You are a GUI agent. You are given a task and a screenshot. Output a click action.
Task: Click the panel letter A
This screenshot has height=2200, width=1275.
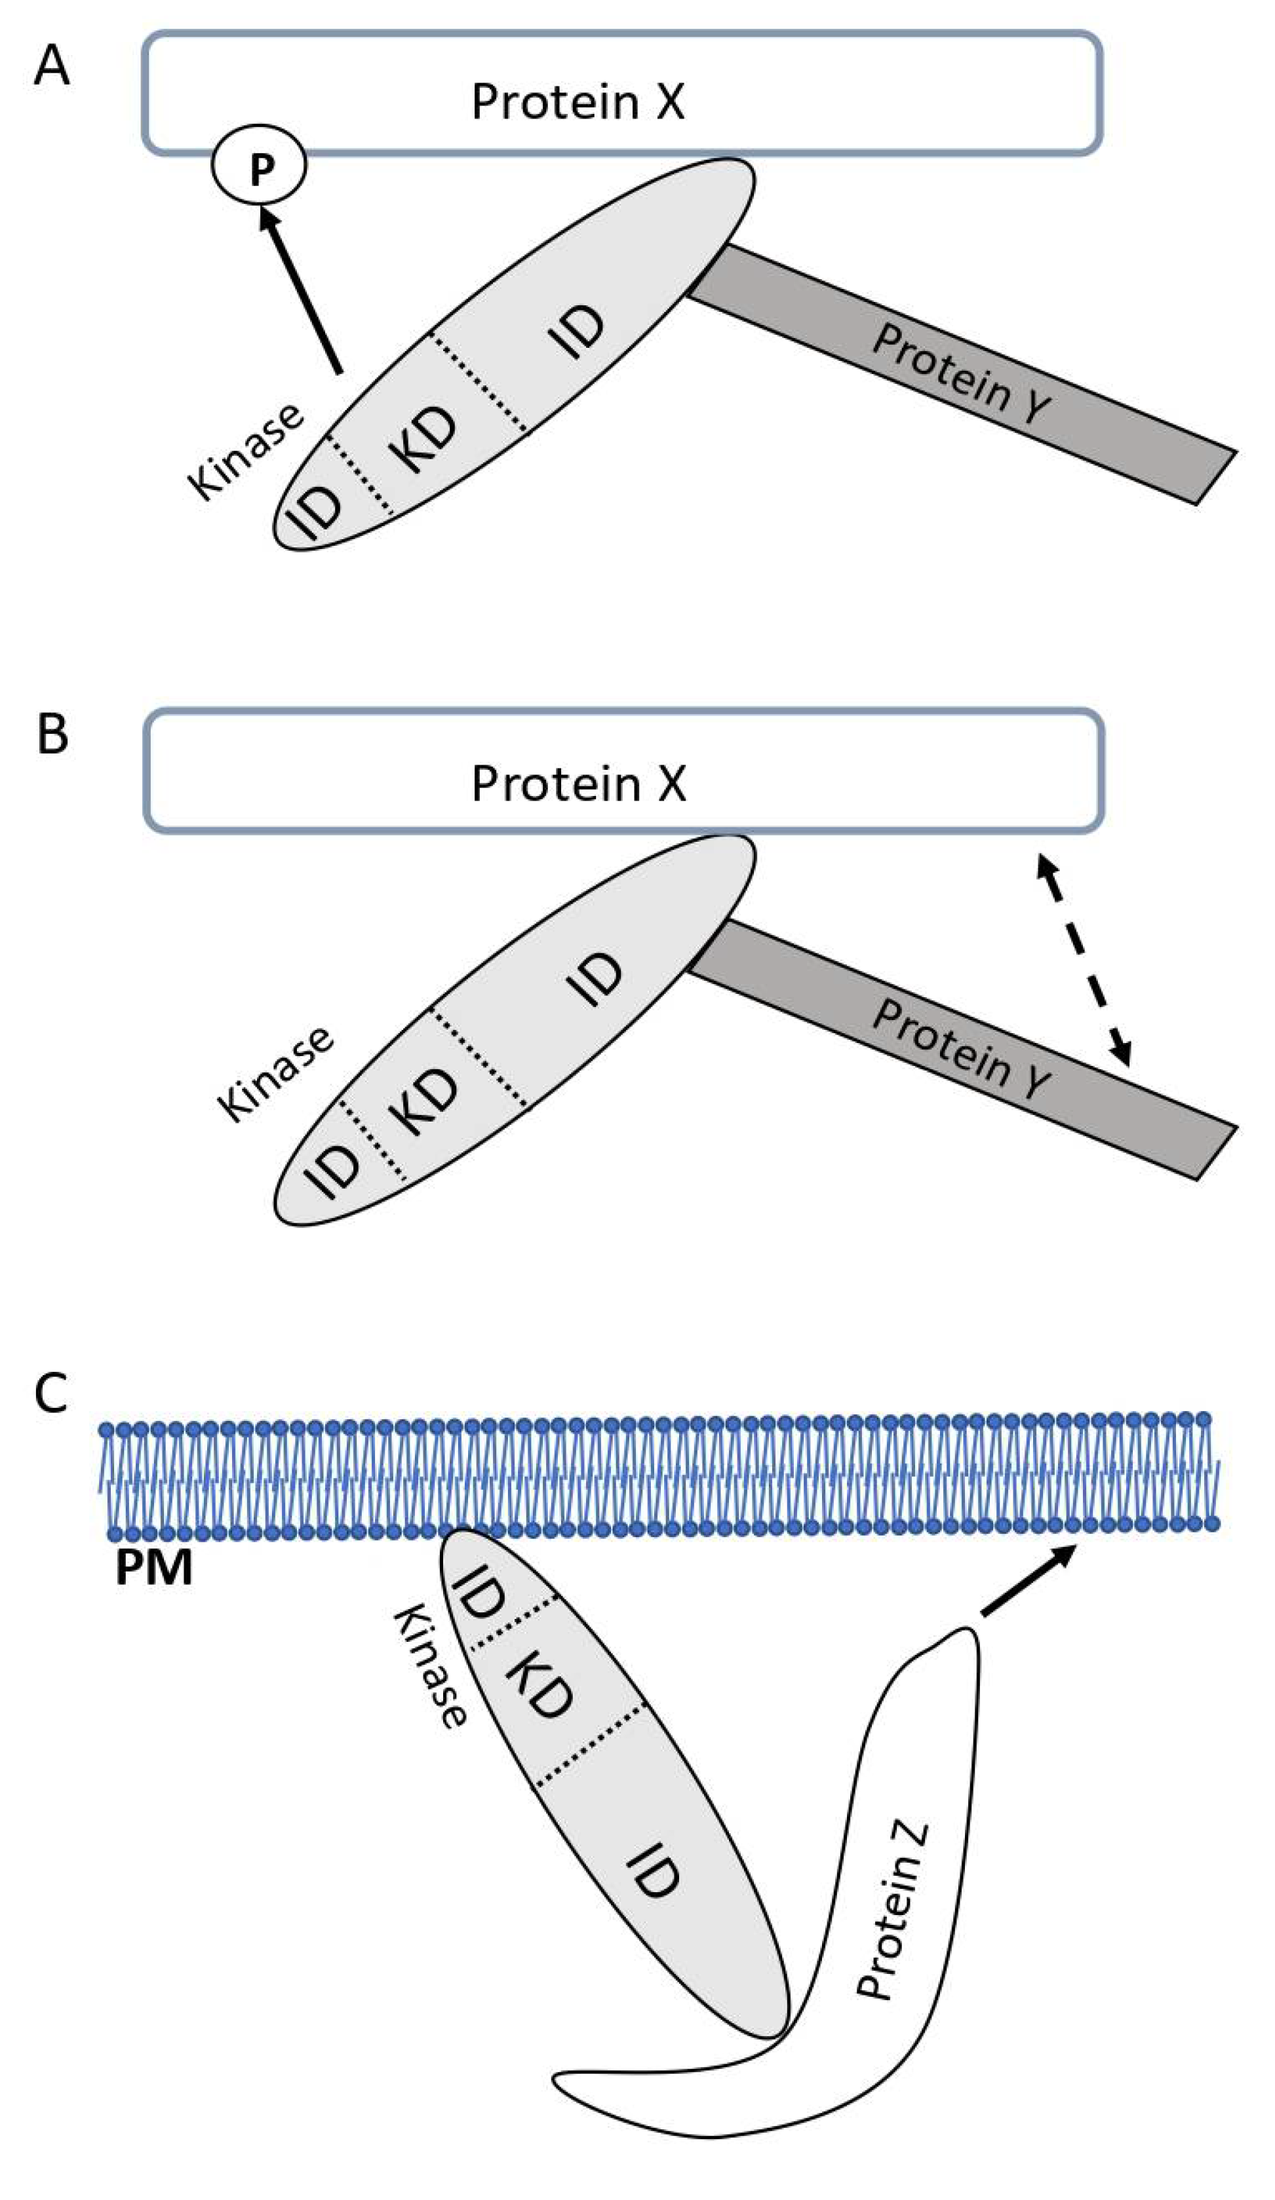(x=50, y=66)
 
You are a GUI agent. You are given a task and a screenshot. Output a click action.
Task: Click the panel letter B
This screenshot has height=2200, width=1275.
(x=52, y=734)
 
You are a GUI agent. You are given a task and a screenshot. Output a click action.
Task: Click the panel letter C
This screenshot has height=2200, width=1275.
(x=50, y=1394)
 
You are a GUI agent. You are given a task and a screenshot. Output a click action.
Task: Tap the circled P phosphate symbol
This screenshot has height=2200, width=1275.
(x=260, y=167)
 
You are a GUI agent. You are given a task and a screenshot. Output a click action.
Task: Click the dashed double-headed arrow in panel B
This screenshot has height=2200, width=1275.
(x=1083, y=960)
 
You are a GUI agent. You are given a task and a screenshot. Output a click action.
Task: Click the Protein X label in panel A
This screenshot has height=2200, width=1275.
(x=578, y=102)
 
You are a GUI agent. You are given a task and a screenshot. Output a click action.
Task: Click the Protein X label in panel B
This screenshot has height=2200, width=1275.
(x=578, y=783)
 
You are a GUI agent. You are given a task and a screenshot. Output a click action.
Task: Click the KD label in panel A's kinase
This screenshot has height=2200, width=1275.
(x=424, y=439)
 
